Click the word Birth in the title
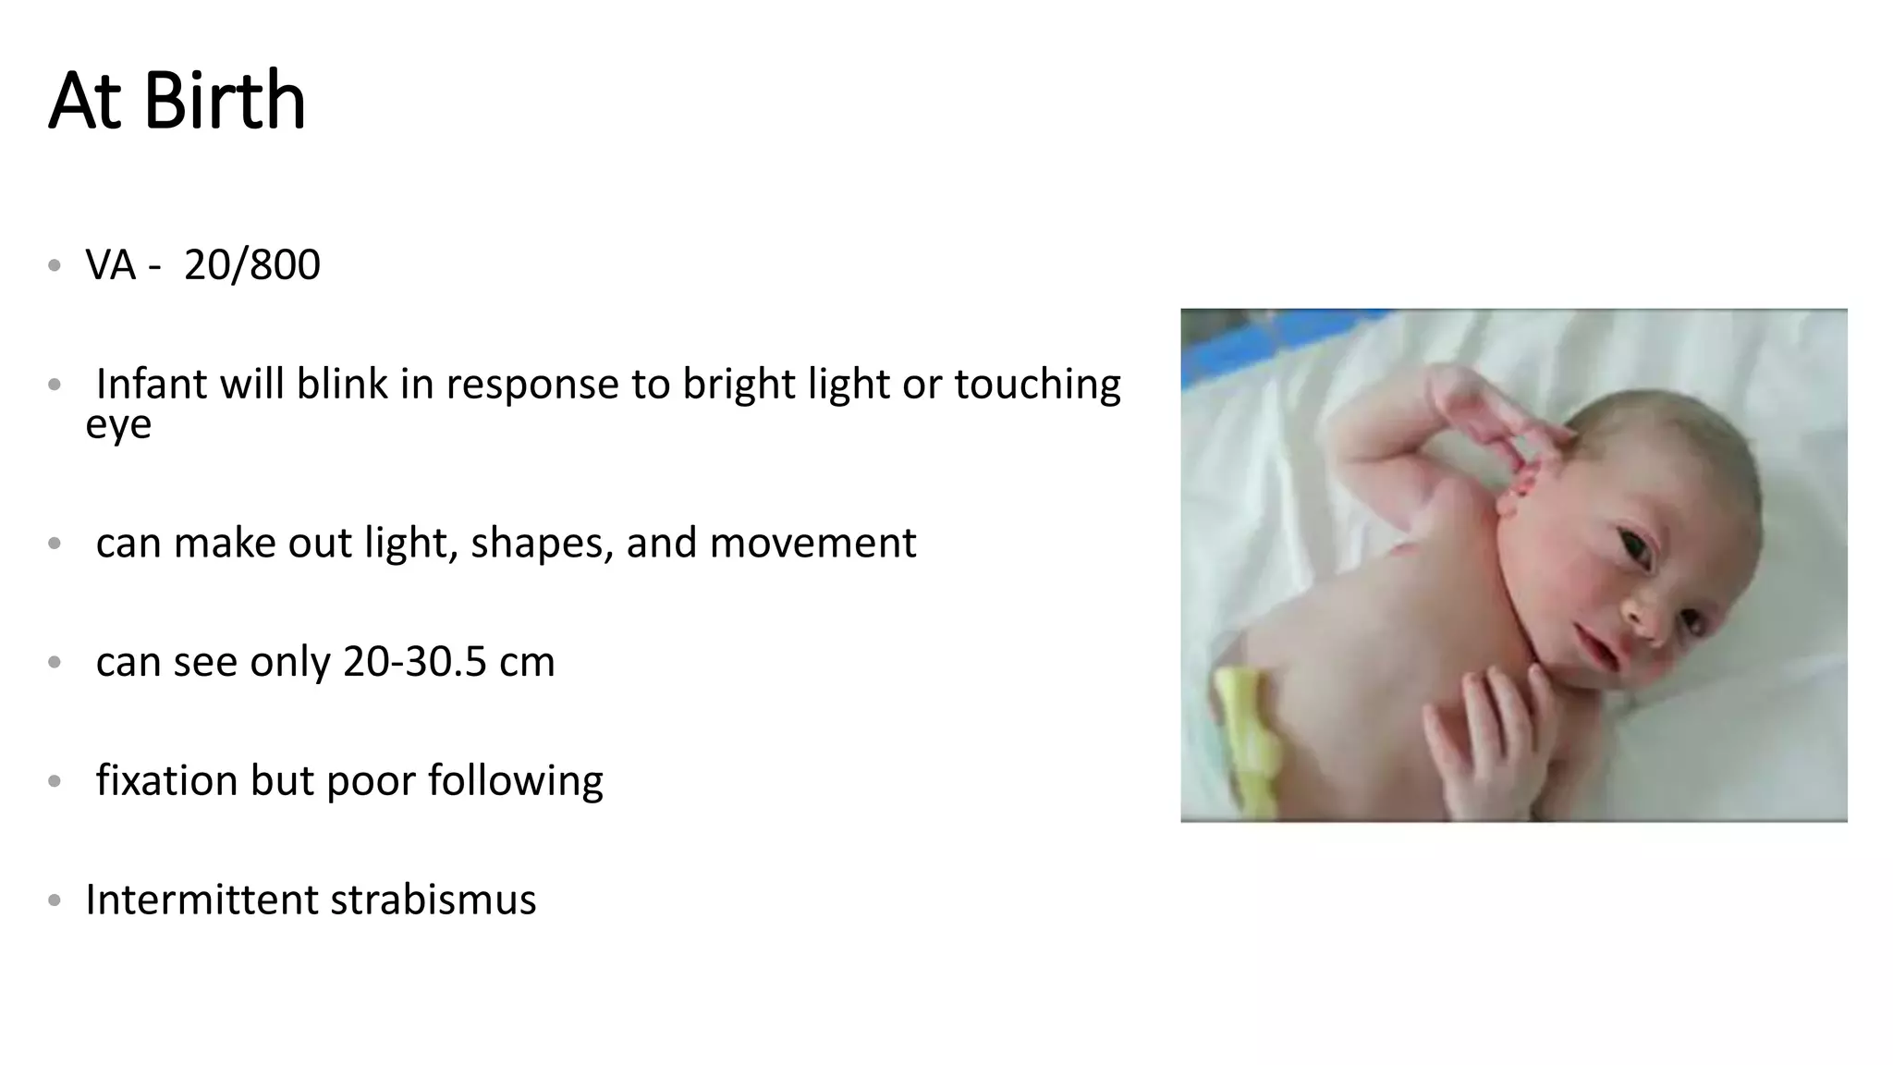pyautogui.click(x=225, y=101)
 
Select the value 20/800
pyautogui.click(x=251, y=265)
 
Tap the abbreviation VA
pyautogui.click(x=111, y=265)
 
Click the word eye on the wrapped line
pyautogui.click(x=118, y=424)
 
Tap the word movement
pyautogui.click(x=812, y=543)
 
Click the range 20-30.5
pyautogui.click(x=414, y=662)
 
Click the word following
pyautogui.click(x=515, y=780)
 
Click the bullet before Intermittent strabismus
pyautogui.click(x=55, y=900)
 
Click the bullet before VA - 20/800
pyautogui.click(x=55, y=265)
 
